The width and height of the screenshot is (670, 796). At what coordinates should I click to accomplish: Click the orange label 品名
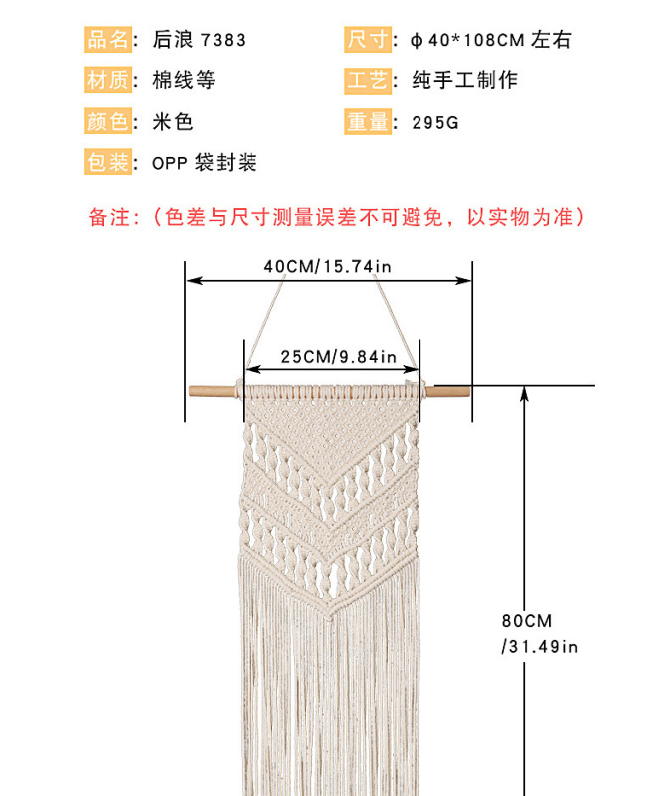pyautogui.click(x=109, y=40)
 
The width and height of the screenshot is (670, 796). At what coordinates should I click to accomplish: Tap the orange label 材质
pyautogui.click(x=109, y=81)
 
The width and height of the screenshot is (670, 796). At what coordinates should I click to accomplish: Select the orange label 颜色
pyautogui.click(x=109, y=121)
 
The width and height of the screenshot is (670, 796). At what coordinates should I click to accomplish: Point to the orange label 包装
pyautogui.click(x=109, y=162)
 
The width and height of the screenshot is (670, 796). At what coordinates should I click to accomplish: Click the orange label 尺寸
pyautogui.click(x=367, y=40)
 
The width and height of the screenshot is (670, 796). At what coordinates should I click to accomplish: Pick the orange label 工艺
pyautogui.click(x=367, y=81)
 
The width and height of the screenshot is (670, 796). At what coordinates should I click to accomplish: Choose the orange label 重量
pyautogui.click(x=367, y=121)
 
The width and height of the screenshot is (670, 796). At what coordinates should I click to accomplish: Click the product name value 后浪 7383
pyautogui.click(x=199, y=41)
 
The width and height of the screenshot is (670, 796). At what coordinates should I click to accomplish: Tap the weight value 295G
pyautogui.click(x=435, y=122)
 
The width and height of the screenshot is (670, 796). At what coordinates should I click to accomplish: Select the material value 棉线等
pyautogui.click(x=184, y=81)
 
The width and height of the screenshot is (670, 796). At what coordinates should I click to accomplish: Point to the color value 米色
pyautogui.click(x=172, y=122)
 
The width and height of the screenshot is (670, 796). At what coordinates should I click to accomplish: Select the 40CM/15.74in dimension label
pyautogui.click(x=328, y=267)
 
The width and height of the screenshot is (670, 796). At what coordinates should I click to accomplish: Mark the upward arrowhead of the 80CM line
pyautogui.click(x=525, y=394)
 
